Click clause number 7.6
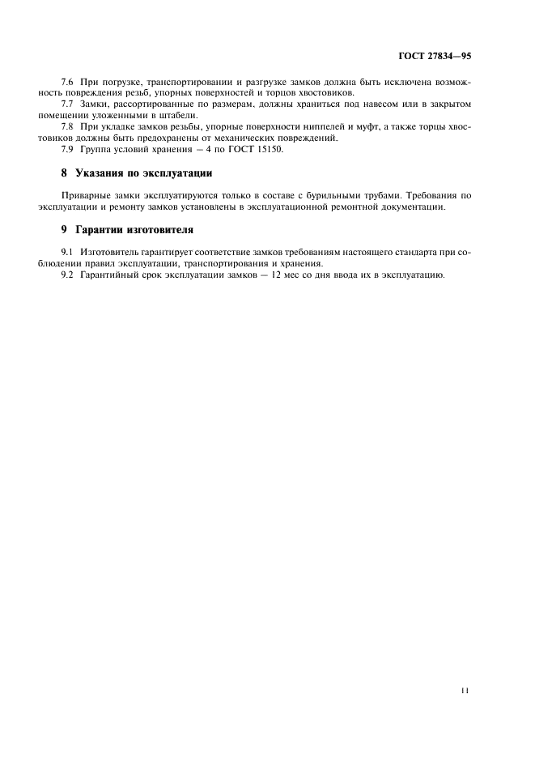point(68,83)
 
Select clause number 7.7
point(68,104)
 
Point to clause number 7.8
point(68,127)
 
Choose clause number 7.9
point(68,150)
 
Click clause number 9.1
point(68,253)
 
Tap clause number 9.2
point(68,276)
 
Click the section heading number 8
point(64,173)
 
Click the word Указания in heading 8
point(100,173)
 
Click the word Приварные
point(84,196)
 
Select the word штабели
point(178,116)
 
